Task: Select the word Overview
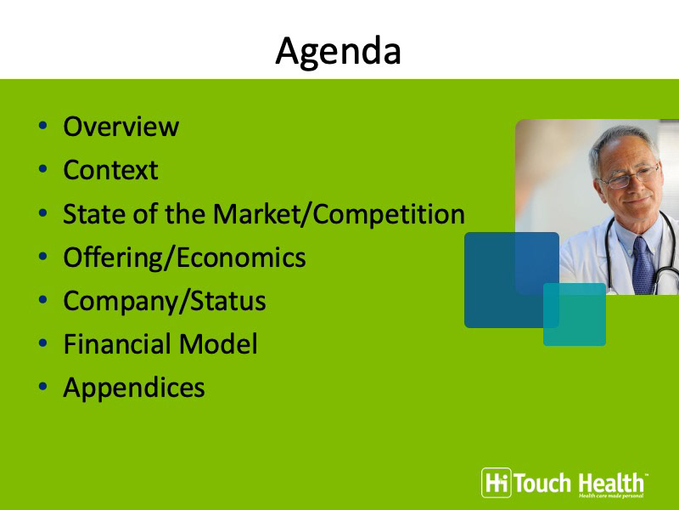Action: [x=121, y=127]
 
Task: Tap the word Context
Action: [x=110, y=169]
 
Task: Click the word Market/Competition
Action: [x=339, y=214]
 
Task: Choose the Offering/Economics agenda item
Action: [x=184, y=258]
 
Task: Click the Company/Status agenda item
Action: [x=165, y=302]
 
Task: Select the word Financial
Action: [x=117, y=344]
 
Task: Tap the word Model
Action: [x=218, y=344]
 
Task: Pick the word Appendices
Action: [x=134, y=388]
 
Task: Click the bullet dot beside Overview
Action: [x=42, y=126]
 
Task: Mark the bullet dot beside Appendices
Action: [x=42, y=387]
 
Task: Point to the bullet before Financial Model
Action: [x=42, y=343]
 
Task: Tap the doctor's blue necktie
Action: [x=643, y=265]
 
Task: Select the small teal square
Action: [x=575, y=314]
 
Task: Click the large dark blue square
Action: [x=512, y=280]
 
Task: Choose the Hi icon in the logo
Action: [x=497, y=483]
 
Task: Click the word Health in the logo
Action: [x=610, y=483]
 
